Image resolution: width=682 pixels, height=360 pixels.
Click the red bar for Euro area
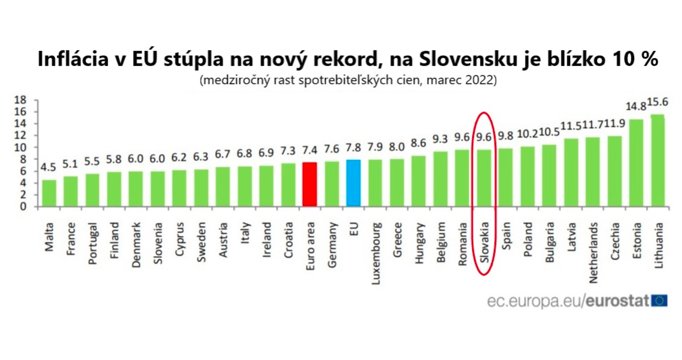point(310,185)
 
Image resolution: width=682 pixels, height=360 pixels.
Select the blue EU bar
point(353,183)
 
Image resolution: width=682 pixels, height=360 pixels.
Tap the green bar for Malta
point(49,193)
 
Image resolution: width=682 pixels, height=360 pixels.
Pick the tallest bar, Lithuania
point(658,161)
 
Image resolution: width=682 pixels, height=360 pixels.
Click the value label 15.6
point(657,102)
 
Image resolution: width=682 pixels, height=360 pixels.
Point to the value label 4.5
point(48,167)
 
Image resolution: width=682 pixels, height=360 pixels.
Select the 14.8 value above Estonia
point(635,106)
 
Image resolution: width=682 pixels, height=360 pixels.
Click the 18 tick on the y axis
point(20,100)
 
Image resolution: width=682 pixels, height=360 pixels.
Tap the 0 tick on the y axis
point(23,207)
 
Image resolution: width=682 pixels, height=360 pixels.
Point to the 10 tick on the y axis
point(20,147)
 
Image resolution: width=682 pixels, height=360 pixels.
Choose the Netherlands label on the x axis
point(593,253)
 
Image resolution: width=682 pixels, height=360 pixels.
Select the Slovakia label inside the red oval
point(484,243)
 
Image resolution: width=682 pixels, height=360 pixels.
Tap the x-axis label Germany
point(332,245)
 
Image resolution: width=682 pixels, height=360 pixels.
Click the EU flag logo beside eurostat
point(659,301)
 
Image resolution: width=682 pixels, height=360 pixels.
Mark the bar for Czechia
point(615,172)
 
